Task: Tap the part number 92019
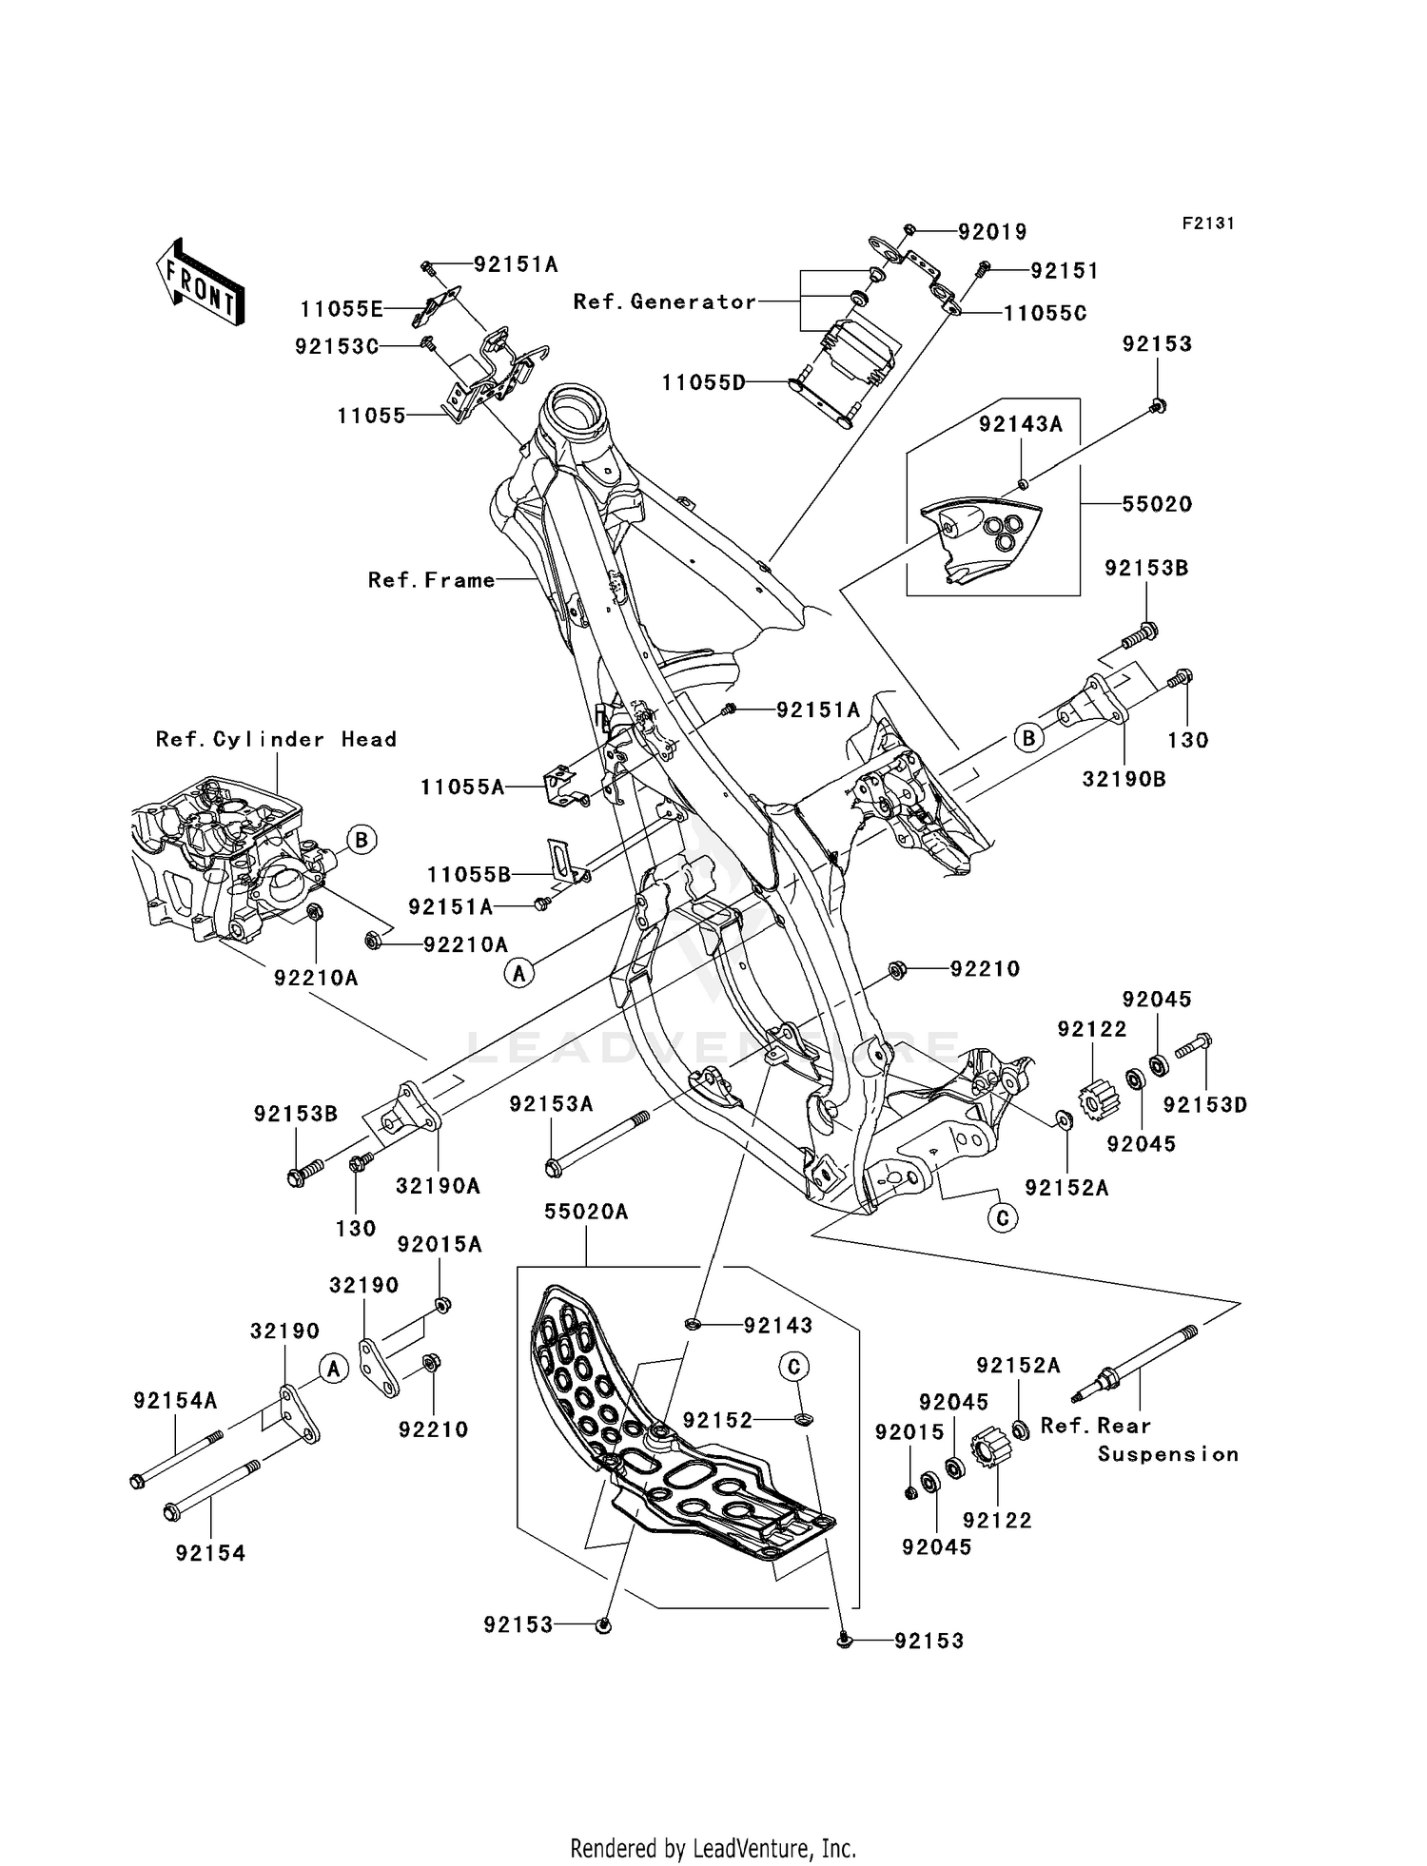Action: (x=991, y=232)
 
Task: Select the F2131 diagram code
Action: (x=1207, y=224)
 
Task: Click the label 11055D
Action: (x=703, y=383)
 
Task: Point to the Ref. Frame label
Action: (x=431, y=580)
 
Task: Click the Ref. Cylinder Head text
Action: (x=276, y=739)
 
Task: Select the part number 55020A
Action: (x=586, y=1213)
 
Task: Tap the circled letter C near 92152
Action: (x=793, y=1367)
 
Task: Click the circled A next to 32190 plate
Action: (x=332, y=1369)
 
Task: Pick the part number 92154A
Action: (x=175, y=1401)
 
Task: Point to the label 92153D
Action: (x=1204, y=1105)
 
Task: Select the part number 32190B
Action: (x=1124, y=779)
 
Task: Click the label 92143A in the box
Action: (x=1020, y=425)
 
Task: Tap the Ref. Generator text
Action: (x=664, y=301)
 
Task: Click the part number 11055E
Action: (x=341, y=309)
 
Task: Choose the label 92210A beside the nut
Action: (x=465, y=944)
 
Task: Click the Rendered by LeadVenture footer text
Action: (x=713, y=1848)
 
